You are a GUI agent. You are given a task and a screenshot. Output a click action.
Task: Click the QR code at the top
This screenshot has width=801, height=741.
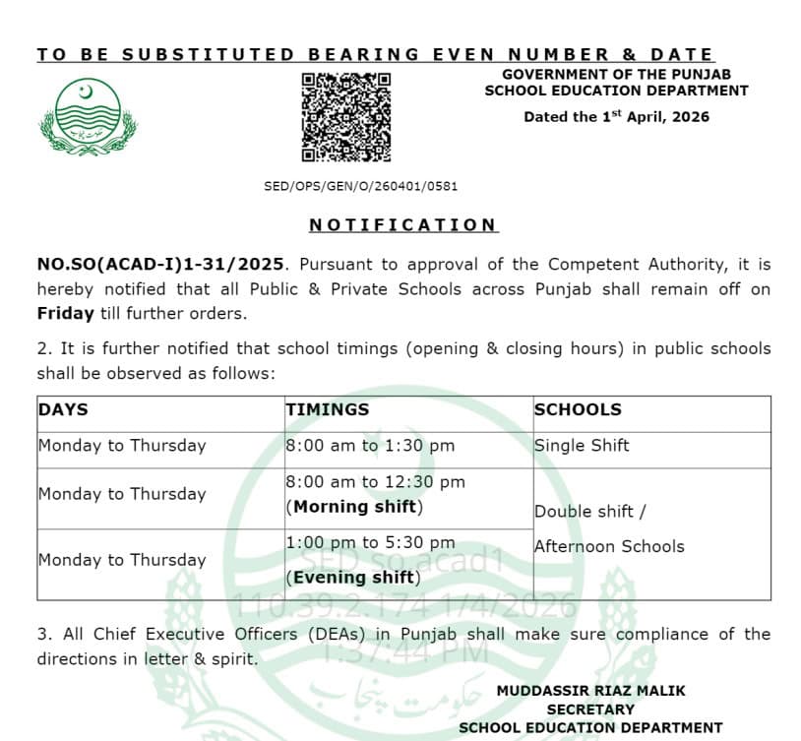coord(345,117)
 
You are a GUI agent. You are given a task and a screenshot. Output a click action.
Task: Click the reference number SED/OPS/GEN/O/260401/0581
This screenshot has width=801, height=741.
coord(360,186)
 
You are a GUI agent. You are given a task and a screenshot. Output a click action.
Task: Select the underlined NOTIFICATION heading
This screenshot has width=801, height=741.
coord(403,225)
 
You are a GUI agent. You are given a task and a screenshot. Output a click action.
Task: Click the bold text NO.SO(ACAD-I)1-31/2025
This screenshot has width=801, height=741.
coord(161,265)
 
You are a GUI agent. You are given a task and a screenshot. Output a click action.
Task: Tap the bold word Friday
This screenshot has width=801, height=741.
coord(65,314)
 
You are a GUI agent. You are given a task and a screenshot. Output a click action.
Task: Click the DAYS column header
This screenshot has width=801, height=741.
coord(63,409)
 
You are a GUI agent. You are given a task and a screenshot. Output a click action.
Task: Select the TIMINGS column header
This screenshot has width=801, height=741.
coord(328,409)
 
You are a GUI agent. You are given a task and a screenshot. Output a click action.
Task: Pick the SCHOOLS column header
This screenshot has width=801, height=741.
coord(578,409)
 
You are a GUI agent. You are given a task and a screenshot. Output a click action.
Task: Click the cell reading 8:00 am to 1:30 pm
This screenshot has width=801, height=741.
coord(370,446)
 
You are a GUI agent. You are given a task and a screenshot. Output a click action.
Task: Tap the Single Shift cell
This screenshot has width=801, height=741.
coord(582,446)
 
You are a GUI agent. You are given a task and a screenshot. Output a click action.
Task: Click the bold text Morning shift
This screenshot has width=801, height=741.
coord(354,508)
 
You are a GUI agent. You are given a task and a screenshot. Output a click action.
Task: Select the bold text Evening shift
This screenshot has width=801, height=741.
coord(353,578)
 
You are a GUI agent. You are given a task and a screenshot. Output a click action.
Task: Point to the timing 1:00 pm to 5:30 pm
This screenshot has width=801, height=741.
coord(370,543)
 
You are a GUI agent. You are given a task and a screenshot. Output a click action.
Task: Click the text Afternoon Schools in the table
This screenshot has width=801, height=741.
coord(609,546)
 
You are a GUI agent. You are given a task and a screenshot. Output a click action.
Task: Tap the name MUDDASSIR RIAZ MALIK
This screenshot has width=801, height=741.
coord(590,691)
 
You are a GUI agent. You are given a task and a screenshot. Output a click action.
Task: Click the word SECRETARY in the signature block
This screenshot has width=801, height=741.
coord(590,710)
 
